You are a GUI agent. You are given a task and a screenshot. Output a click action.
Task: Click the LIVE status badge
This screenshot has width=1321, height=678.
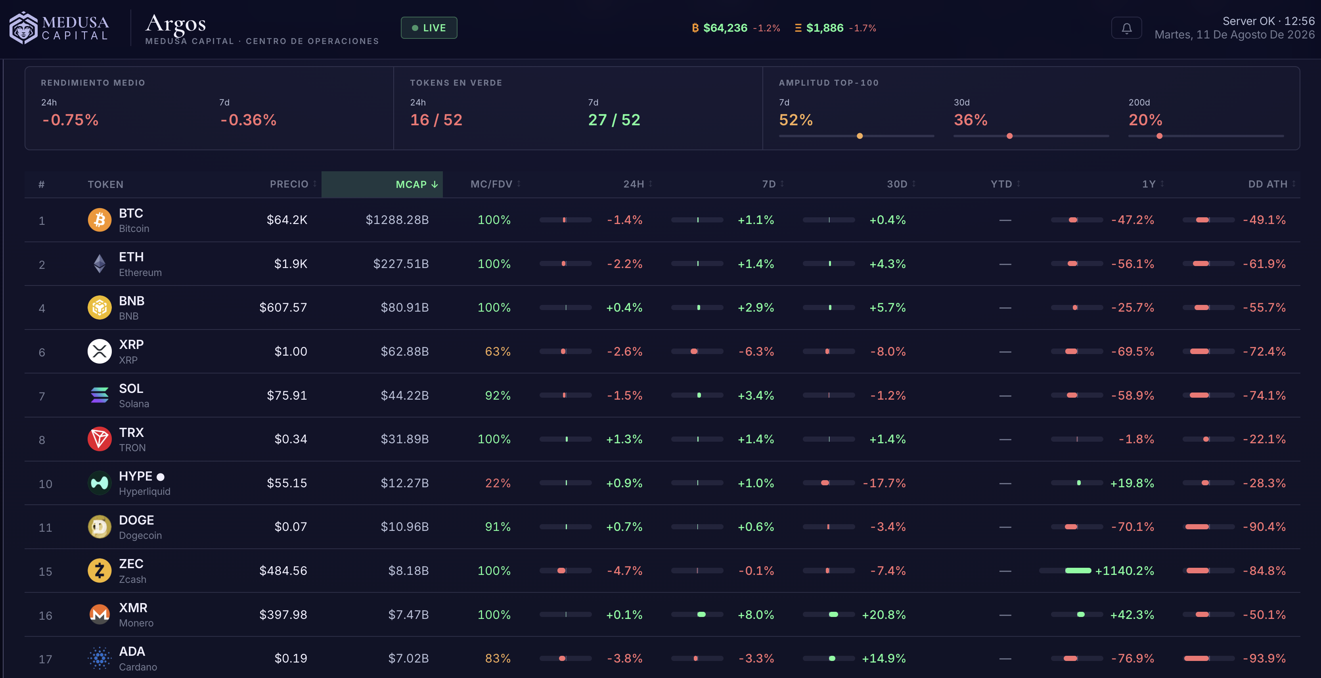[429, 28]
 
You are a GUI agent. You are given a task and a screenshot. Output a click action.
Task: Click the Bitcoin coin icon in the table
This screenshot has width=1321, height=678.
[100, 220]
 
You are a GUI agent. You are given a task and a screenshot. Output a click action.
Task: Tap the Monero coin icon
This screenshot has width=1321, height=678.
[100, 615]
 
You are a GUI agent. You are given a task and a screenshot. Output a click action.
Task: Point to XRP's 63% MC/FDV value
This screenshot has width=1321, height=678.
[498, 351]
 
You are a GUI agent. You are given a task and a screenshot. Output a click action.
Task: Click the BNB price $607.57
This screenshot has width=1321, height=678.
[283, 308]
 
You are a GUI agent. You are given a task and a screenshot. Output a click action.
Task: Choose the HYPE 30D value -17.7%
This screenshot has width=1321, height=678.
[884, 483]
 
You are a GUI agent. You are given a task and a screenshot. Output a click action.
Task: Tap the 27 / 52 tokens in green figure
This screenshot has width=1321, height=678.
[614, 120]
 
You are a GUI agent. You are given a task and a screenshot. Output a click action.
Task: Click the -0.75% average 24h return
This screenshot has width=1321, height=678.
[70, 120]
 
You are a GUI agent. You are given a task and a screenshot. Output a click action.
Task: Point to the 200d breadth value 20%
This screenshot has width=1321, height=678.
[1145, 120]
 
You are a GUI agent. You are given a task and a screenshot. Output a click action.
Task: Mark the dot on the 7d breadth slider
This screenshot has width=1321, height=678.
[860, 136]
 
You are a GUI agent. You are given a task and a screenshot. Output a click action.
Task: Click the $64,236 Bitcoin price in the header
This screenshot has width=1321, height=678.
[725, 28]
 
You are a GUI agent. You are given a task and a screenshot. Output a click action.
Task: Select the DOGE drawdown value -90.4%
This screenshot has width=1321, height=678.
[1264, 527]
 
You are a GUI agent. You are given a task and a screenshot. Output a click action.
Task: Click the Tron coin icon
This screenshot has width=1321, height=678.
[100, 439]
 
